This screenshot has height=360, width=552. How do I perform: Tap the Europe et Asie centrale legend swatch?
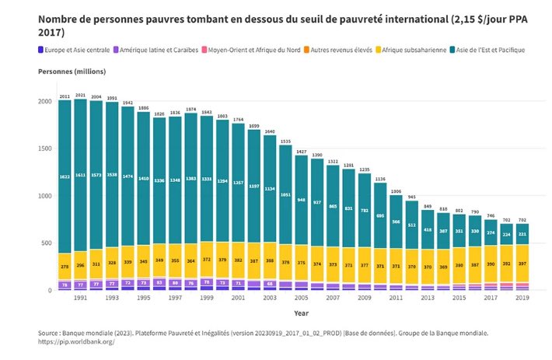(x=41, y=50)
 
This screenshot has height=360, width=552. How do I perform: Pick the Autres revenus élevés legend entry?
(x=341, y=50)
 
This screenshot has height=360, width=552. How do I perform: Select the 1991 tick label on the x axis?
(x=80, y=298)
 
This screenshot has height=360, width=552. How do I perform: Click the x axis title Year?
(x=300, y=313)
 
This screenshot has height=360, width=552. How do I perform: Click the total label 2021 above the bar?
(x=80, y=96)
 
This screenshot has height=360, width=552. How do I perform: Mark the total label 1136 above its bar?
(x=379, y=179)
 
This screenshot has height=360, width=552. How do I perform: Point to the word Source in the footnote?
(x=50, y=333)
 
